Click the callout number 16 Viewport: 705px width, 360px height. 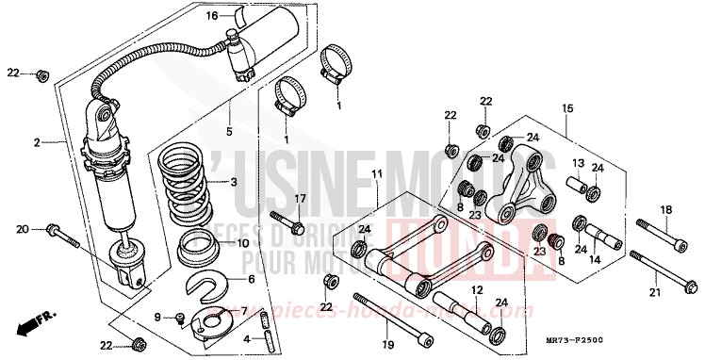pos(212,16)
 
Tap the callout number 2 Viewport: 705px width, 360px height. pos(38,142)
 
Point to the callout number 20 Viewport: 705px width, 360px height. pos(22,228)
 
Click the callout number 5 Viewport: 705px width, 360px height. pos(227,132)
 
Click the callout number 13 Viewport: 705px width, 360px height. pos(578,164)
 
